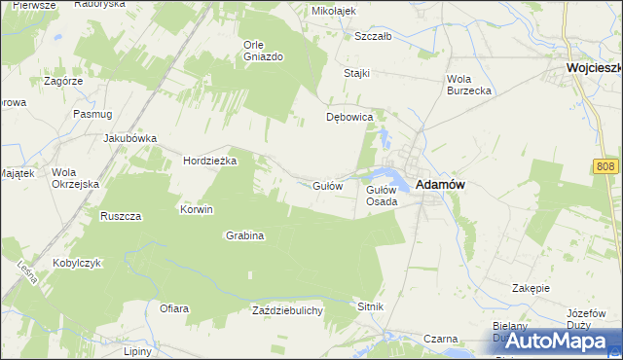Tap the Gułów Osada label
tap(381, 196)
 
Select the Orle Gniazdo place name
tap(263, 51)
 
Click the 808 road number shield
tap(605, 168)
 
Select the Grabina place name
tap(245, 235)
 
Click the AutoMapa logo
tap(551, 341)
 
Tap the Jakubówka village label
tap(130, 138)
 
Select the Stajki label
tap(358, 74)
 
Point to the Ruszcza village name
tap(122, 215)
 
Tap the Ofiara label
tap(174, 308)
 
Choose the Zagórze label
tap(63, 82)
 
